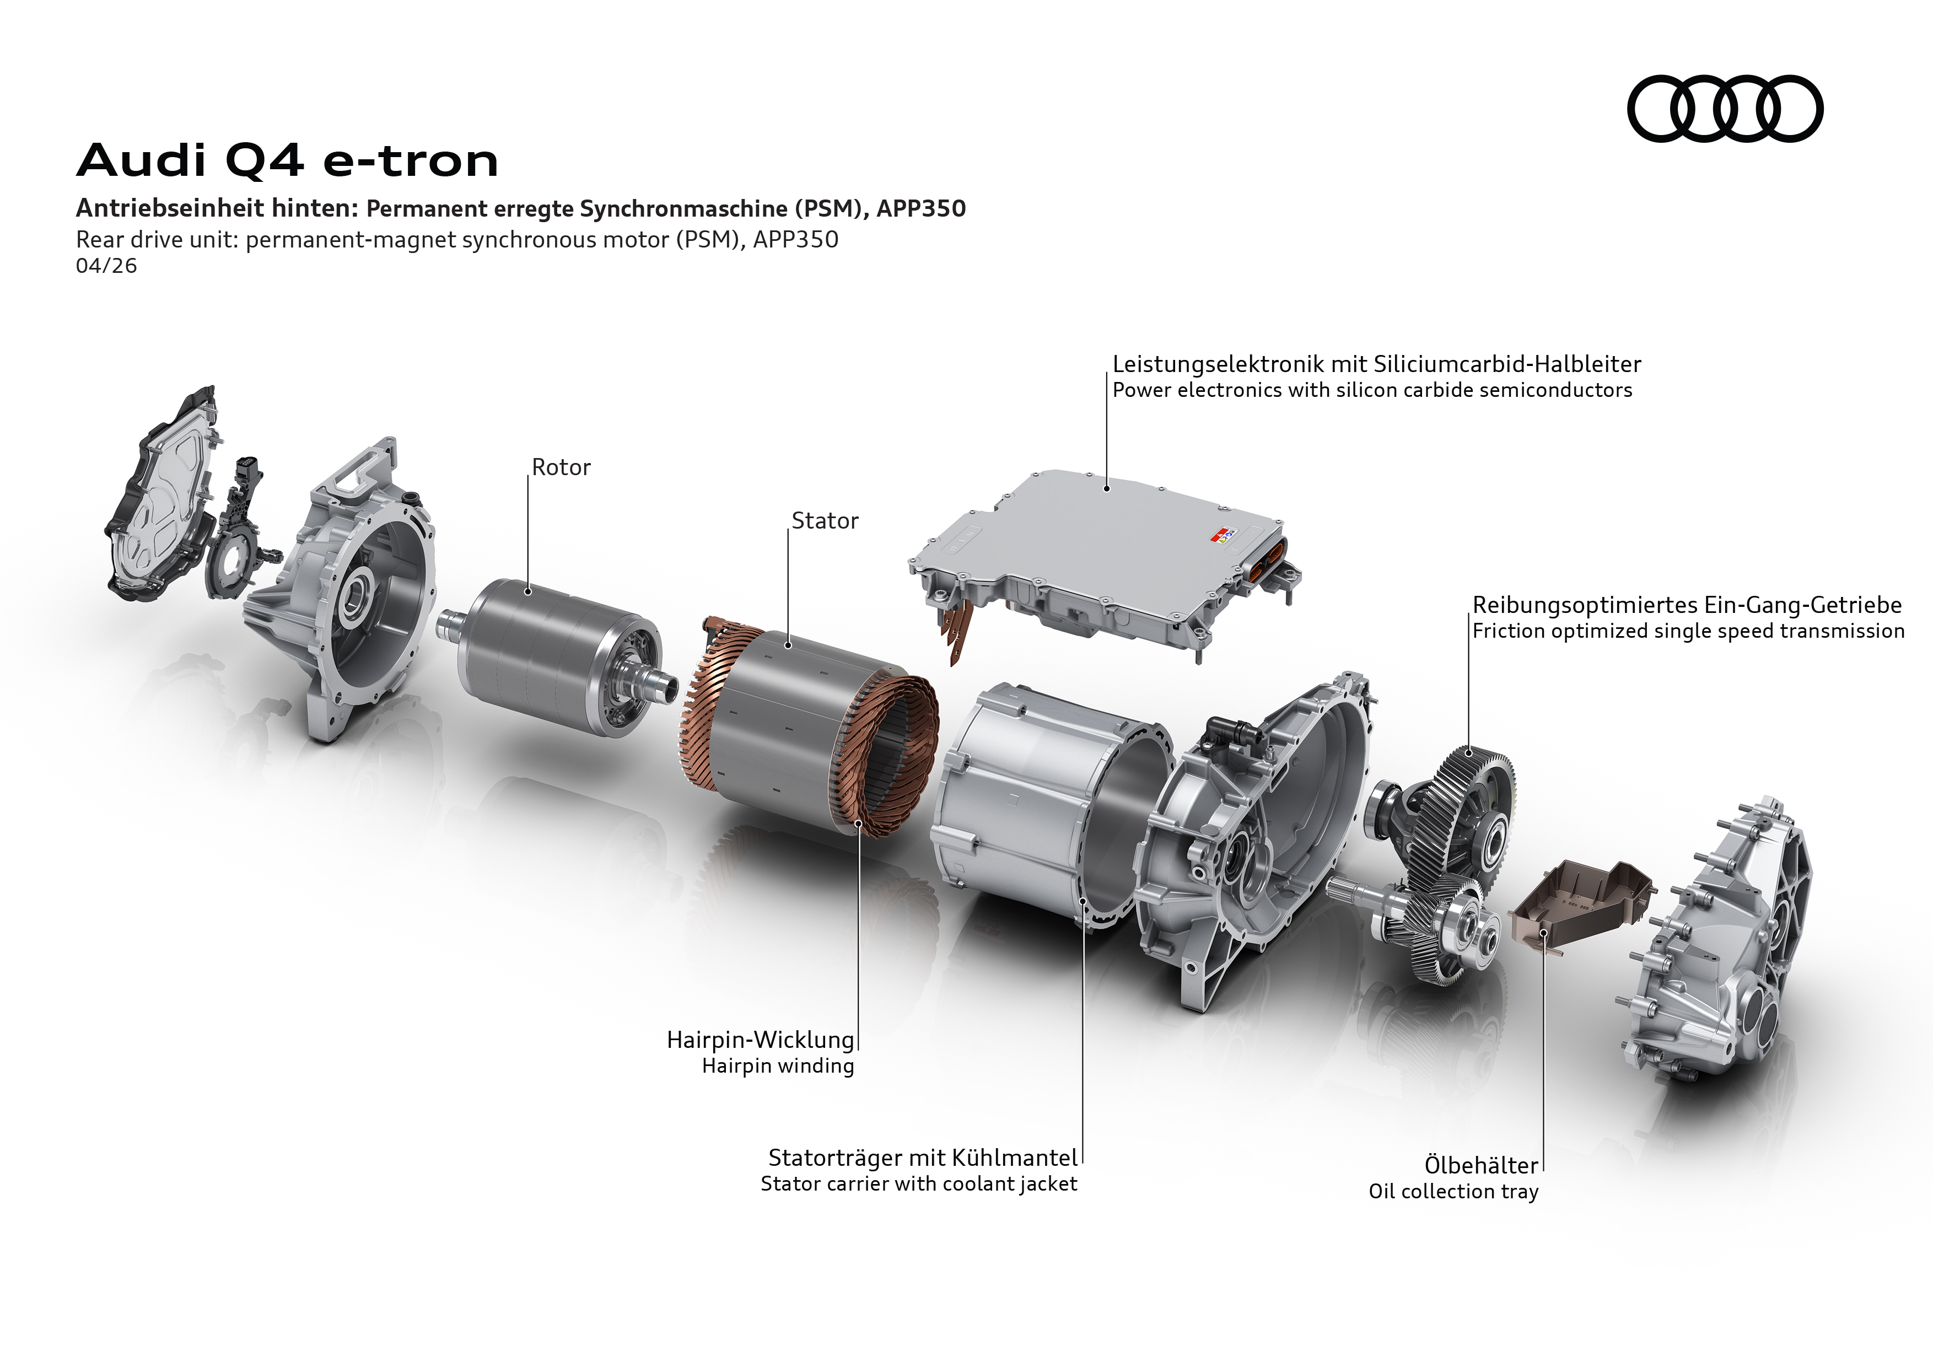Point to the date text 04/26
(x=106, y=266)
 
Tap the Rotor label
(x=562, y=467)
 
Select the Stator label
(x=825, y=521)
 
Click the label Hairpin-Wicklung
(x=760, y=1040)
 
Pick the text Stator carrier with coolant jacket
(x=918, y=1185)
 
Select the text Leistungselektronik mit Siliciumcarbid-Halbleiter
(x=1376, y=364)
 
